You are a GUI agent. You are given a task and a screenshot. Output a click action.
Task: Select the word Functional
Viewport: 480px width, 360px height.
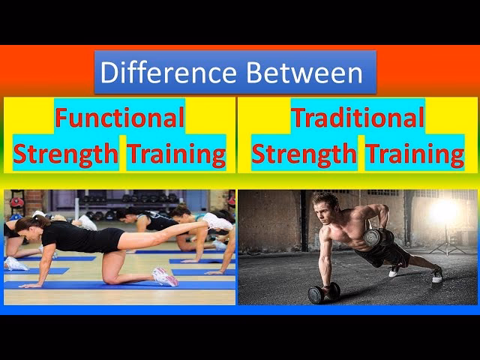(119, 118)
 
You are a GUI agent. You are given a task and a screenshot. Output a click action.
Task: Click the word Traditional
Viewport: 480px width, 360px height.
(358, 118)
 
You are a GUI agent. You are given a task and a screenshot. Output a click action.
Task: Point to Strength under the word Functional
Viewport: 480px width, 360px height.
(66, 154)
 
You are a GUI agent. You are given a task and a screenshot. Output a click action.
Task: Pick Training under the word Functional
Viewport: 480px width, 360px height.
(176, 154)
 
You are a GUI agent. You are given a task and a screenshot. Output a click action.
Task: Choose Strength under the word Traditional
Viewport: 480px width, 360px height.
(304, 154)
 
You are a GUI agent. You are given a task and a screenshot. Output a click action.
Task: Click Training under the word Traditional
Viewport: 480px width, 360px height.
(415, 154)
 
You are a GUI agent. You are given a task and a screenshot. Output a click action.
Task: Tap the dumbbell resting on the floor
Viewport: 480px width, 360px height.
(323, 292)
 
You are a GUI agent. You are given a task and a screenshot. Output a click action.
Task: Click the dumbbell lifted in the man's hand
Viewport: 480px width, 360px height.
(378, 240)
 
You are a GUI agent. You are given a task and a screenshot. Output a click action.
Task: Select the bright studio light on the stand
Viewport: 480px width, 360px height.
(444, 212)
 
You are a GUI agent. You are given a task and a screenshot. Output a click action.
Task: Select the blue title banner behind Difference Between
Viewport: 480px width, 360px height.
(235, 73)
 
